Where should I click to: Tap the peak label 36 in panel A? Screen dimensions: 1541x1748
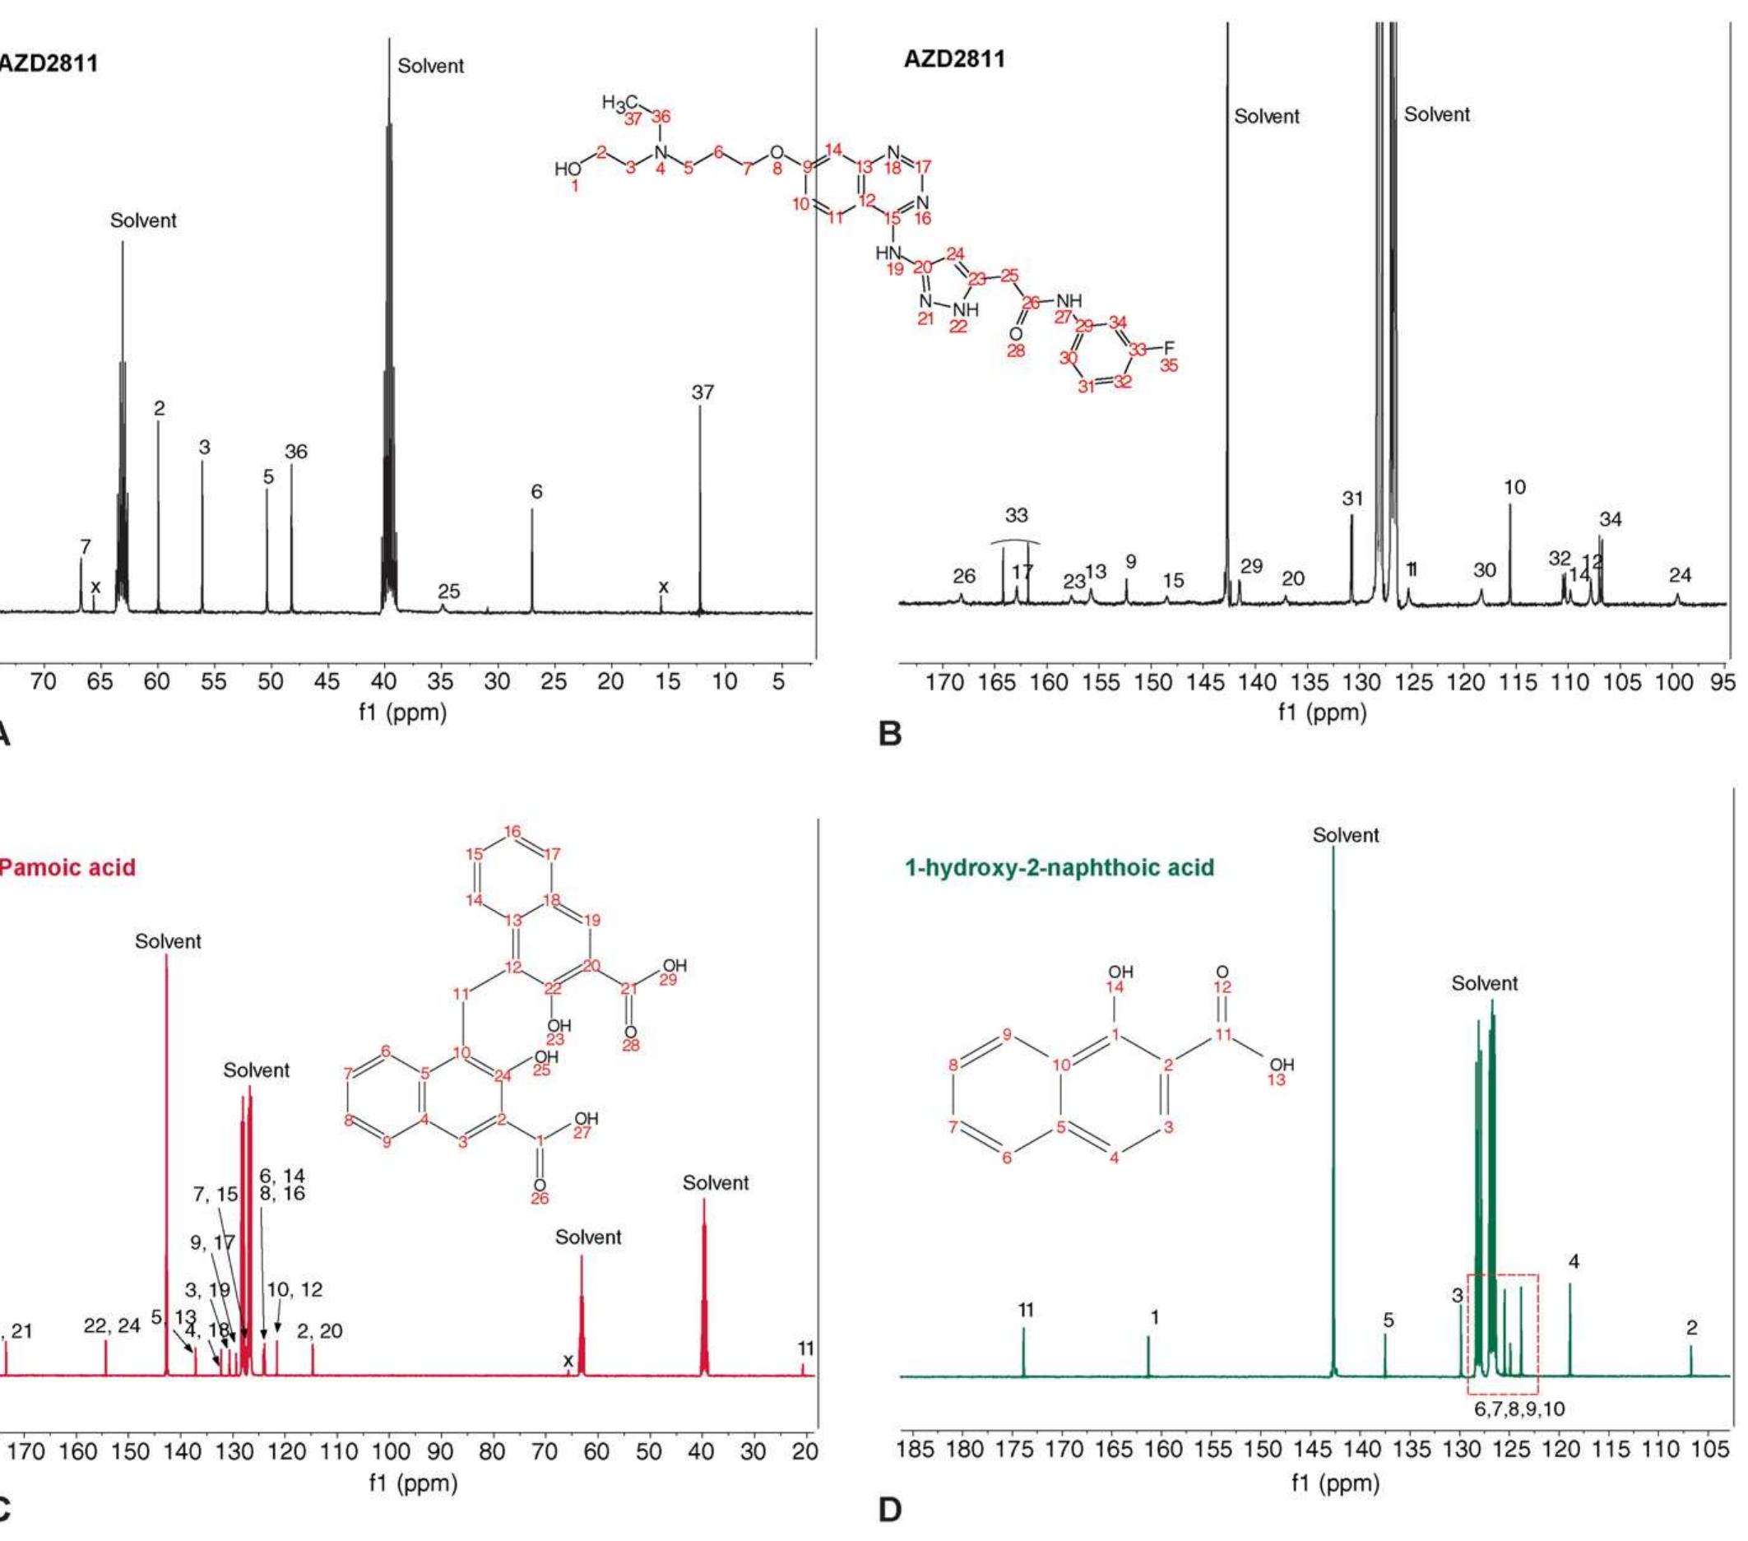[296, 452]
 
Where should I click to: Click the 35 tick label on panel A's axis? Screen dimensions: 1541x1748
[440, 681]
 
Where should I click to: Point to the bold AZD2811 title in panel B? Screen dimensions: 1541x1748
[954, 60]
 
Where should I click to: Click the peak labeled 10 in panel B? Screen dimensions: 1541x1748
[1510, 556]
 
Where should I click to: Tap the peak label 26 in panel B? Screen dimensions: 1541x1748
[964, 577]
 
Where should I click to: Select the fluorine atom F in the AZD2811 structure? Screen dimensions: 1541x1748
[1169, 348]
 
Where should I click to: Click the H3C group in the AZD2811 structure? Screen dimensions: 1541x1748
[619, 104]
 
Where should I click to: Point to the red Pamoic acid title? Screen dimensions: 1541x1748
[67, 868]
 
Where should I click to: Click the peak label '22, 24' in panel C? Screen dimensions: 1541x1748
[112, 1326]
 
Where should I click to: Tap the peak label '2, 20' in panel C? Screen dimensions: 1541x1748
[320, 1330]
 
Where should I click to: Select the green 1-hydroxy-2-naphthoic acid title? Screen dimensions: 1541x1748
[1059, 868]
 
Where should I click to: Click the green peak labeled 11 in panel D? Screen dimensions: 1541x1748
[1023, 1352]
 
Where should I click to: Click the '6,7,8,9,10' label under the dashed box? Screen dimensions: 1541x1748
[1519, 1409]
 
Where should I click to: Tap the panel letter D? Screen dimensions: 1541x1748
[890, 1511]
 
